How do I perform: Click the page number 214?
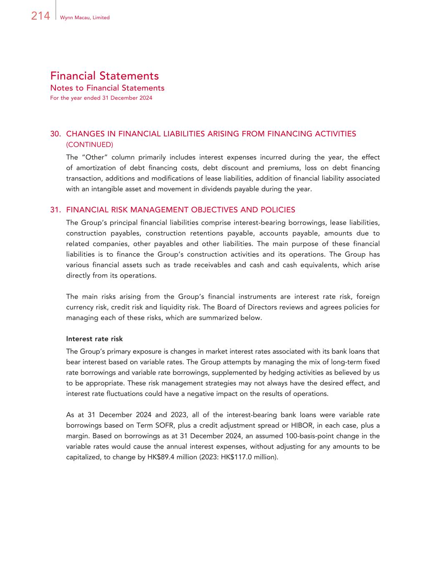[x=40, y=16]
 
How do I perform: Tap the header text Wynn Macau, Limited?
[x=85, y=18]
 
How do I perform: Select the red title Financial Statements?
[x=104, y=76]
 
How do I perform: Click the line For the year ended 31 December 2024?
[x=101, y=98]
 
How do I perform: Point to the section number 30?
[x=56, y=134]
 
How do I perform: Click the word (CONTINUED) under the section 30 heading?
[x=89, y=145]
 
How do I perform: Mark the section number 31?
[x=56, y=210]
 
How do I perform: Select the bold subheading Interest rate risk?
[x=94, y=339]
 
